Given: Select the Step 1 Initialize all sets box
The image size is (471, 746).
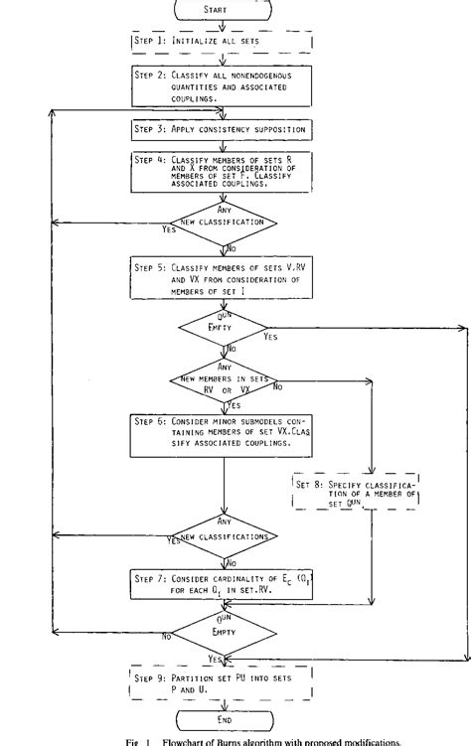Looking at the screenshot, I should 221,44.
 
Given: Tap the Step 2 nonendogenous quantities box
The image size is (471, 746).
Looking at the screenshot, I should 221,84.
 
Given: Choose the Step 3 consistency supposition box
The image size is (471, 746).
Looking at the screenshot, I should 221,130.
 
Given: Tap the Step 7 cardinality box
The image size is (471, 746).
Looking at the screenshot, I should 221,582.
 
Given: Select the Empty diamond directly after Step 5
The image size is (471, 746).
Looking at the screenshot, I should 221,329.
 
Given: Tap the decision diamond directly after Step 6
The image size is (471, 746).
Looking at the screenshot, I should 221,532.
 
